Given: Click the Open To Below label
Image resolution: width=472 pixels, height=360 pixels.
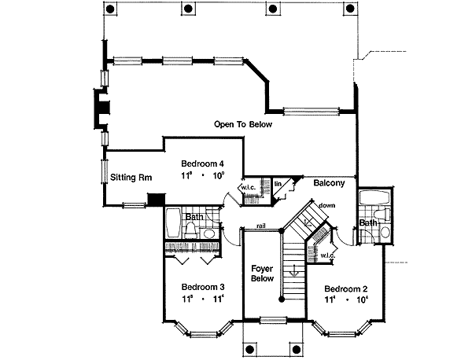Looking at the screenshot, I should coord(245,124).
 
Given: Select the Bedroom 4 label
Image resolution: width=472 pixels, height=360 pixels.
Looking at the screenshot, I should coord(201,163).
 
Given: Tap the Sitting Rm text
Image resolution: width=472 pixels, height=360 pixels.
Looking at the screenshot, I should coord(131,177).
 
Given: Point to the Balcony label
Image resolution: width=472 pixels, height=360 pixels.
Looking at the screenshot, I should coord(329,184).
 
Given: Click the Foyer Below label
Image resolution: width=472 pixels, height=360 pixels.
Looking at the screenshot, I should coord(261,273).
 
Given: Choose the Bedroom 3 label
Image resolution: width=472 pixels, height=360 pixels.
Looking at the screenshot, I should coord(202,286).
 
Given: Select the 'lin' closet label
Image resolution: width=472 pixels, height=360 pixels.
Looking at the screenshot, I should coord(278,184).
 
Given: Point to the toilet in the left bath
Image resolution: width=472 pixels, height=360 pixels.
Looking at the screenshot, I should coord(192,228).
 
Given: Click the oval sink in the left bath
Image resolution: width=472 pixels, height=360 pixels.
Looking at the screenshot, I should coord(210,233).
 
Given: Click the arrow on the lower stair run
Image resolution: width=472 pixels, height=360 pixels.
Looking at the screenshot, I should coord(293,271).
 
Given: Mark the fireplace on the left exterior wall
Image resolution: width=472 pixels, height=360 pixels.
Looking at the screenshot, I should coord(100,110).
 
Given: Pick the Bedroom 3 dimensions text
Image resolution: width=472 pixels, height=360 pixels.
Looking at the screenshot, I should coord(202,299).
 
